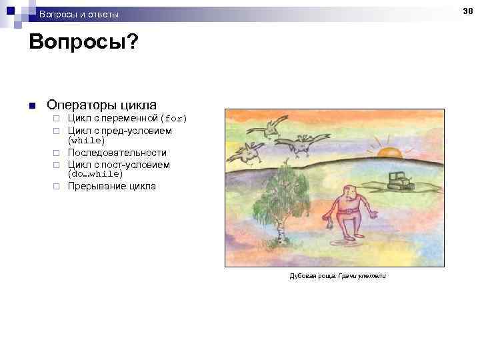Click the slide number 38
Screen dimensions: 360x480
[469, 11]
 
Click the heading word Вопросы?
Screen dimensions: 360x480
[84, 43]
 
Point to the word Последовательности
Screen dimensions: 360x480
[117, 153]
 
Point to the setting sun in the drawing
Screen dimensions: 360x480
[389, 152]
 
